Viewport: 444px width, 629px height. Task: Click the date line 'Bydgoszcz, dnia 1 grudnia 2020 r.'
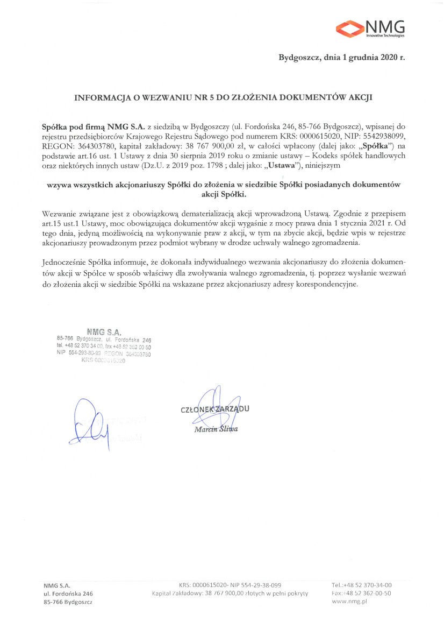pos(341,57)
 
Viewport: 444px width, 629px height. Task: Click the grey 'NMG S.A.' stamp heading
pos(104,331)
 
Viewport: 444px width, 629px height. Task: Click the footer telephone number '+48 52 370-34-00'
pos(368,584)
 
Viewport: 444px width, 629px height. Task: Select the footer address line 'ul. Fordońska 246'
pos(68,593)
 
